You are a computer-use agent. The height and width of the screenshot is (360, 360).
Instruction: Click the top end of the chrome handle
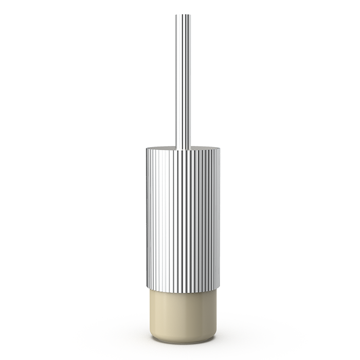pos(183,15)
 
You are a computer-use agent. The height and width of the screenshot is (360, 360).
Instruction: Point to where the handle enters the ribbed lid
pos(183,149)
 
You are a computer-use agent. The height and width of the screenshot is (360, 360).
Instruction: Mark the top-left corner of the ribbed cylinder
pos(146,149)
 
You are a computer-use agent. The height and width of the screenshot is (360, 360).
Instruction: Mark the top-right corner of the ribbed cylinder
pos(220,149)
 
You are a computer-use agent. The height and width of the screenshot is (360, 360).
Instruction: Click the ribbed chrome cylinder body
pos(183,216)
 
